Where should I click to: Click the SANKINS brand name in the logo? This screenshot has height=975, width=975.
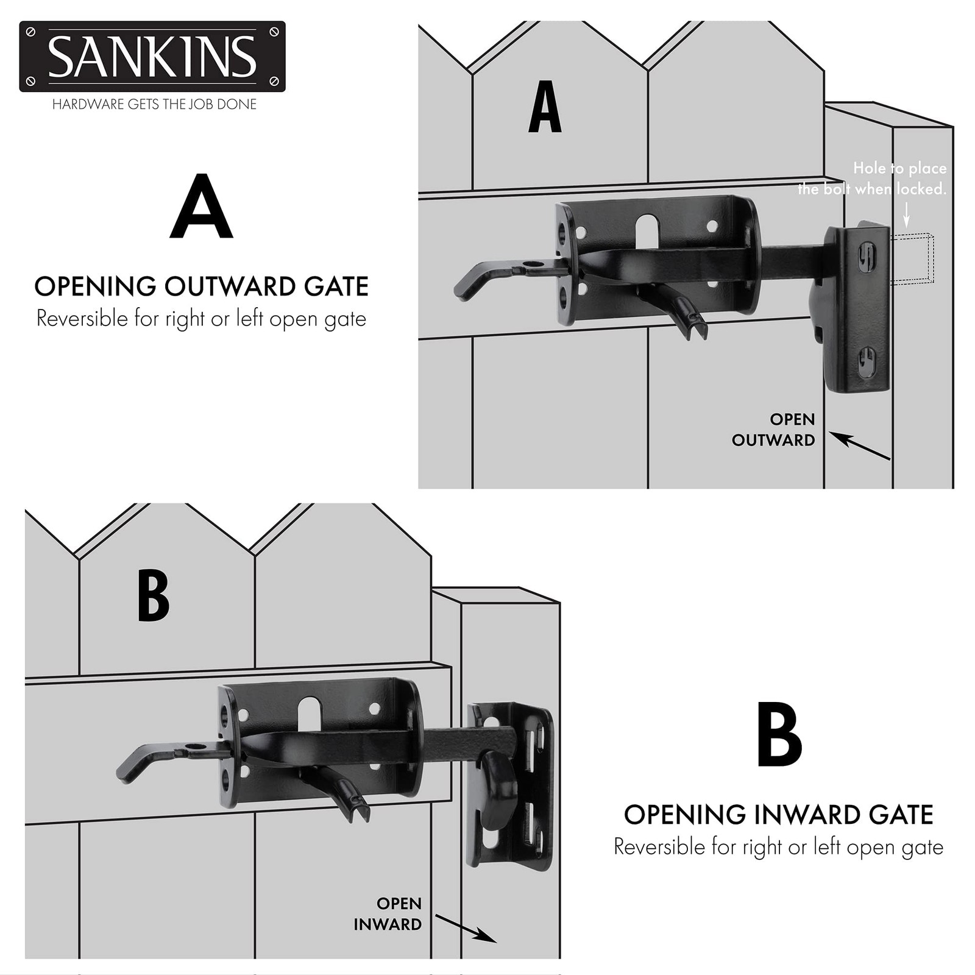(x=152, y=57)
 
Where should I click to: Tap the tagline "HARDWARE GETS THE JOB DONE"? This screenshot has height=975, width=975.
(x=154, y=104)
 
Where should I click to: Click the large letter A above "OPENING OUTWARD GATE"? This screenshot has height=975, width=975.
(x=201, y=207)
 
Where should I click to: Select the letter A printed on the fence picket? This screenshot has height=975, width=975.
(x=545, y=107)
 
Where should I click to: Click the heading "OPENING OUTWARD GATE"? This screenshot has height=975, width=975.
(x=201, y=286)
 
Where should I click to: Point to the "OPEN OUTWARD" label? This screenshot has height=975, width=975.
(x=774, y=430)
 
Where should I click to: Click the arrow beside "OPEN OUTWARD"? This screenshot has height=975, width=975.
(x=859, y=446)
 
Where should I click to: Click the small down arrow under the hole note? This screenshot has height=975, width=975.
(x=906, y=214)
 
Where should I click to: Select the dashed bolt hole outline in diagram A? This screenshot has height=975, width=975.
(x=912, y=259)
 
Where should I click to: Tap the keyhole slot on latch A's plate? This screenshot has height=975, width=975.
(x=647, y=231)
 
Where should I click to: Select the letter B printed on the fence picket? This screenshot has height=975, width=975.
(x=153, y=595)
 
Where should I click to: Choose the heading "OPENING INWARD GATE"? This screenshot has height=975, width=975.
(x=779, y=815)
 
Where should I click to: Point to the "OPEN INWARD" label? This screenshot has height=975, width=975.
(x=388, y=913)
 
